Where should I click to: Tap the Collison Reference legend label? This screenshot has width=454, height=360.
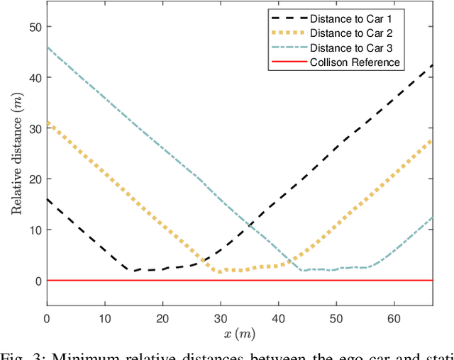(x=355, y=62)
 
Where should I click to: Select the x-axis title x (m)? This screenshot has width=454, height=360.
(x=239, y=332)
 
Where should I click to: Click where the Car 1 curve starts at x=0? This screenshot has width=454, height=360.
(x=48, y=199)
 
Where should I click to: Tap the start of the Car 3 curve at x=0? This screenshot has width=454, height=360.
(x=48, y=47)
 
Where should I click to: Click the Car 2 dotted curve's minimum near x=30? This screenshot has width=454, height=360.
(x=221, y=271)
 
